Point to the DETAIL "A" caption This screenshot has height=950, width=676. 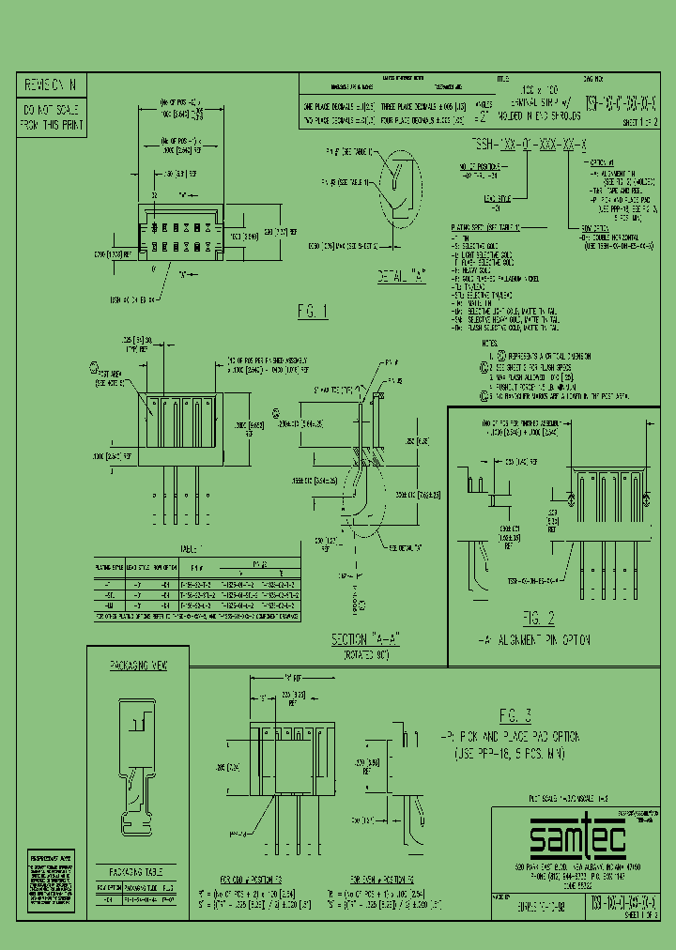tap(400, 276)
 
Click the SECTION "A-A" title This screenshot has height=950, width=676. tap(365, 638)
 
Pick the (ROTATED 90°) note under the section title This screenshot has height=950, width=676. tap(365, 653)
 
